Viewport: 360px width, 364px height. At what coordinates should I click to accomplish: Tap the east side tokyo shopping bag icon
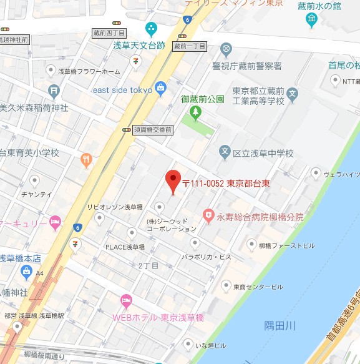(x=160, y=87)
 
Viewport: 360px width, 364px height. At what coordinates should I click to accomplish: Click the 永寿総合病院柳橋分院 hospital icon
(x=208, y=216)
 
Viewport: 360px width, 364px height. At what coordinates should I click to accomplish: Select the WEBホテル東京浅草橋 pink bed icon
(x=127, y=302)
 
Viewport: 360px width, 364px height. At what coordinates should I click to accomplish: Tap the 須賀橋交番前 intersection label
(x=153, y=129)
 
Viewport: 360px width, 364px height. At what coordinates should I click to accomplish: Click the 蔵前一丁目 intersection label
(x=189, y=46)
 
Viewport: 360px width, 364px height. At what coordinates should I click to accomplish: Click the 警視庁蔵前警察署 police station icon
(x=226, y=49)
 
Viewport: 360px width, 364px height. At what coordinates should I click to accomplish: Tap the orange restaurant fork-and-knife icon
(x=86, y=159)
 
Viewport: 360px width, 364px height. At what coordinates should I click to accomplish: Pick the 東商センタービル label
(x=258, y=287)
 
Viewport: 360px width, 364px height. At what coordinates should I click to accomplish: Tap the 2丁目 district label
(x=148, y=265)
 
